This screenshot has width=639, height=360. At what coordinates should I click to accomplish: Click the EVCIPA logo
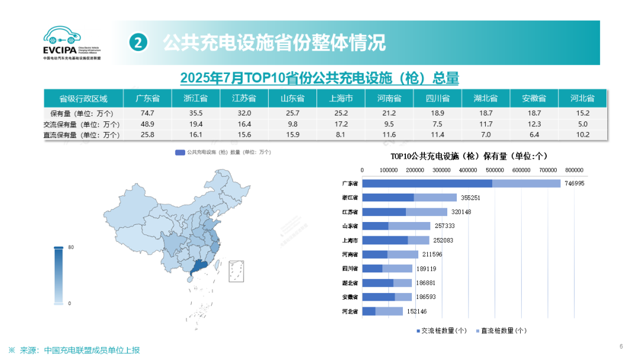(71, 43)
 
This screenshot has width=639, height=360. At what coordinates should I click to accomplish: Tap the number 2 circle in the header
(138, 43)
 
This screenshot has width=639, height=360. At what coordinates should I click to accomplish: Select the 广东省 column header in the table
(147, 98)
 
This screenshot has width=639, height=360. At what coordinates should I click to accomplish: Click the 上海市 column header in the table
(341, 98)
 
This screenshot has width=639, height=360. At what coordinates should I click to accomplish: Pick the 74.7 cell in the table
(147, 113)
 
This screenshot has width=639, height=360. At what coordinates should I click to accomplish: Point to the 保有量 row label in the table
(83, 113)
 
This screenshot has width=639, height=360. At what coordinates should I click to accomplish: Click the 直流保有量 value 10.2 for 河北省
(583, 134)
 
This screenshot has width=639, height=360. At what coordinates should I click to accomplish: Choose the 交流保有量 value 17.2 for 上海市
(341, 124)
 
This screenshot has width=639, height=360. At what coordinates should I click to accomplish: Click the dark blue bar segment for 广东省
(427, 184)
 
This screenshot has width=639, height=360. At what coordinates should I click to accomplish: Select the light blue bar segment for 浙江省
(435, 198)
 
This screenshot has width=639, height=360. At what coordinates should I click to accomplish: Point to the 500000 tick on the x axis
(495, 171)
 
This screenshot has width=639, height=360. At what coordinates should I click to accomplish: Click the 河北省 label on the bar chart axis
(350, 311)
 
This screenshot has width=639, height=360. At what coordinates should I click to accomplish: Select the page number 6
(621, 346)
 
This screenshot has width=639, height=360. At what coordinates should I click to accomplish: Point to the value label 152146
(414, 311)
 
